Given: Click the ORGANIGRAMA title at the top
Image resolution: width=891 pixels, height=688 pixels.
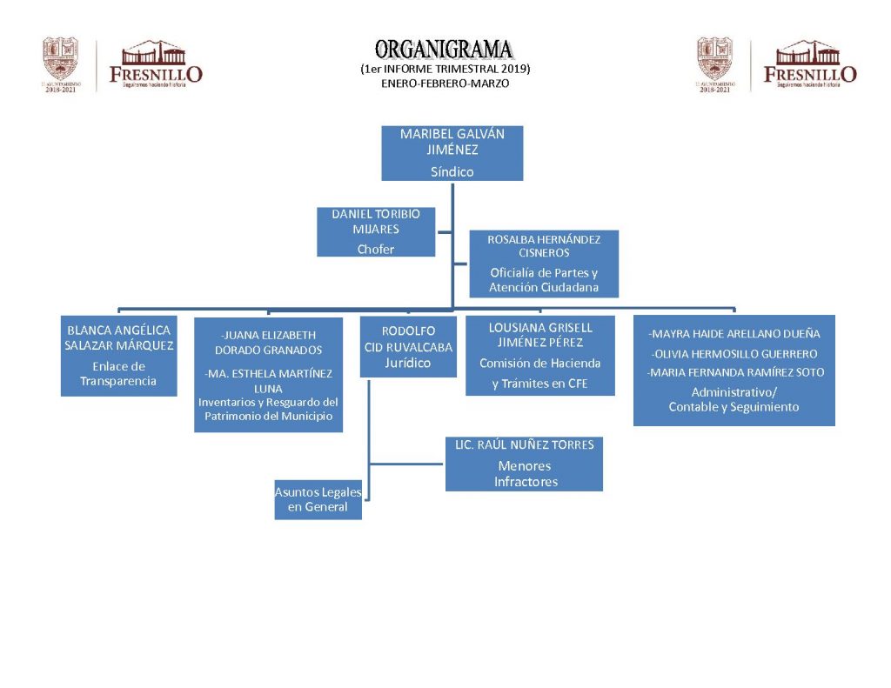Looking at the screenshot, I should click(444, 50).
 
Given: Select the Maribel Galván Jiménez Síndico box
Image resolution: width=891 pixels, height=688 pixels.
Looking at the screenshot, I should click(452, 153).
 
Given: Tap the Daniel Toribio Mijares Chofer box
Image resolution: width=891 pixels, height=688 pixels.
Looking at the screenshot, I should click(376, 231).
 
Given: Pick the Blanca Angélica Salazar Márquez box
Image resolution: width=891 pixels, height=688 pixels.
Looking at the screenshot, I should click(118, 356).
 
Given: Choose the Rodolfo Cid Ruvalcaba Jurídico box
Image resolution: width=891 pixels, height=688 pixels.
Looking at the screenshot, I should click(408, 346).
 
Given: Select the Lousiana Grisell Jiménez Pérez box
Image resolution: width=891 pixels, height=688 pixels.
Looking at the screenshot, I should click(539, 356).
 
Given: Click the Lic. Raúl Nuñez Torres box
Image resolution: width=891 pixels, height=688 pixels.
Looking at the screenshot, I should click(524, 464).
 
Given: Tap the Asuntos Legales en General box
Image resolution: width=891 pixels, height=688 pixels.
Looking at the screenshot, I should click(318, 499).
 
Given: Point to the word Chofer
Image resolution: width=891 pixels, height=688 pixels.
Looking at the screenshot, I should click(376, 250).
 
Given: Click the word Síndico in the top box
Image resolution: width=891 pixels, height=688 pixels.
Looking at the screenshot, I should click(452, 171).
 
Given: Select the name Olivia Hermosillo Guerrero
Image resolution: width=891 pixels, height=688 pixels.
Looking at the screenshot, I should click(734, 354).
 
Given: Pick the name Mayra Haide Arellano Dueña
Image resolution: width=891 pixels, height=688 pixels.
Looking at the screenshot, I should click(734, 333).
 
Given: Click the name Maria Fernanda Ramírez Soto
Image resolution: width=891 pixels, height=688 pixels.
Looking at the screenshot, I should click(734, 372).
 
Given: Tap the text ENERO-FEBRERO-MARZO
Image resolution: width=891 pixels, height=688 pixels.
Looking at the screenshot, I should click(445, 83).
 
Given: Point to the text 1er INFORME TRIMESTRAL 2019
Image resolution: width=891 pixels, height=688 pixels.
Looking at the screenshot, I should click(445, 69).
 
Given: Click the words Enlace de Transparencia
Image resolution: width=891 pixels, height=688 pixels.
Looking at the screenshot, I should click(118, 374).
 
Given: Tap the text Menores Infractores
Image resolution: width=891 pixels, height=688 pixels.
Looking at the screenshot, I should click(525, 474).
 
